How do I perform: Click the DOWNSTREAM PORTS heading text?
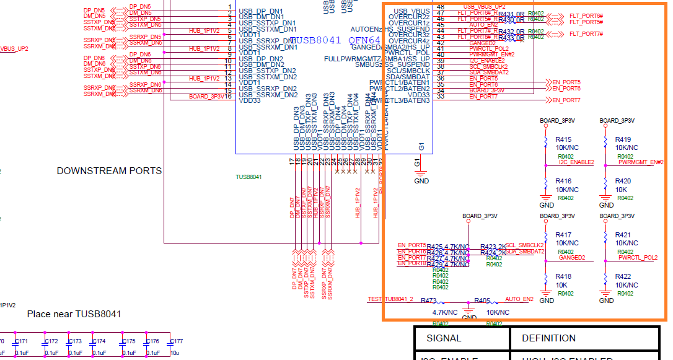pos(109,171)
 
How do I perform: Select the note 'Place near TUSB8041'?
pos(74,314)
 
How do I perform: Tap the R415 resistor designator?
pos(563,140)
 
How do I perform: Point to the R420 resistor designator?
pos(623,182)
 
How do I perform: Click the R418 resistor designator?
pos(563,276)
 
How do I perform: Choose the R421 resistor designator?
pos(623,235)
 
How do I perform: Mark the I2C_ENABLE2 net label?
pos(576,162)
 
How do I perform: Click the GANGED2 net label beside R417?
pos(571,258)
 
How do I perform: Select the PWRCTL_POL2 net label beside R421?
pos(638,258)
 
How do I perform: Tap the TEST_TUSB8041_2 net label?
pos(390,299)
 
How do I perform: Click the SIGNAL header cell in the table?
pos(444,338)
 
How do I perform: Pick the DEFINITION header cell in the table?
pos(548,338)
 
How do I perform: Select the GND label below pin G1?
pos(421,181)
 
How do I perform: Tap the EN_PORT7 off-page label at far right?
pos(566,100)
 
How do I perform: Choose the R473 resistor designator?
pos(428,301)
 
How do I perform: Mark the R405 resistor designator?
pos(482,301)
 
